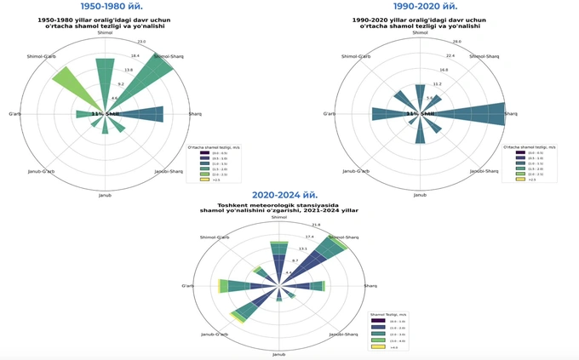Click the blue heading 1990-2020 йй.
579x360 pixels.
pos(418,7)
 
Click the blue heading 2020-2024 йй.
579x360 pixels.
pos(273,194)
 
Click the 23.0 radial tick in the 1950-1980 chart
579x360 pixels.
pos(141,41)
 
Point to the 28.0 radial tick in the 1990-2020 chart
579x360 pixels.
pos(457,41)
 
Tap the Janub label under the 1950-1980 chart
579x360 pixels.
pos(105,195)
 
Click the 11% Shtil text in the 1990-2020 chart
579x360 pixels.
pos(419,113)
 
